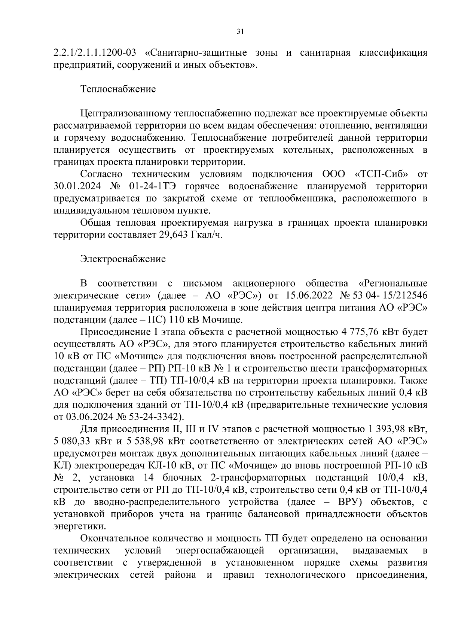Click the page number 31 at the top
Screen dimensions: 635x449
[240, 32]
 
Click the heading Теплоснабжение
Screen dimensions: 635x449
[118, 89]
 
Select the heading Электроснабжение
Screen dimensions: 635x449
[123, 259]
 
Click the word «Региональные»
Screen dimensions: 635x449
[393, 283]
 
